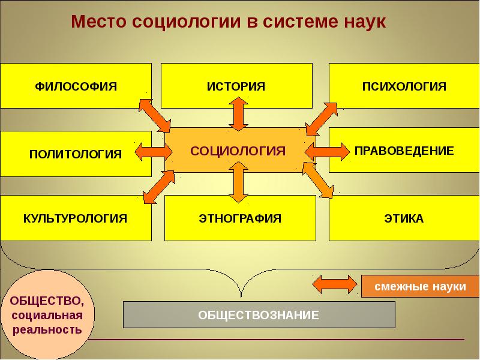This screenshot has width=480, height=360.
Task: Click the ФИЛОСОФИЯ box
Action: (x=76, y=85)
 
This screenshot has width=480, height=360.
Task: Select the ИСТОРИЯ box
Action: (x=236, y=85)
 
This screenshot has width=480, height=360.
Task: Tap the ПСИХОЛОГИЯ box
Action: (x=404, y=85)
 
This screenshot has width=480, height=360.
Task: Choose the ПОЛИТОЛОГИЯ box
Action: (x=76, y=154)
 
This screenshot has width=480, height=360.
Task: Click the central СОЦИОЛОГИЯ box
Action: (x=238, y=150)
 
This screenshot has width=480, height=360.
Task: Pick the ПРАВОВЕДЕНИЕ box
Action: (x=404, y=150)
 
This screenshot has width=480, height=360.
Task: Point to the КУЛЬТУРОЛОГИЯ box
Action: (x=76, y=218)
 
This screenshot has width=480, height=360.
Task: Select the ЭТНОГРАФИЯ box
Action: (x=240, y=218)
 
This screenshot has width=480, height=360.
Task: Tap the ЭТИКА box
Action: (x=404, y=218)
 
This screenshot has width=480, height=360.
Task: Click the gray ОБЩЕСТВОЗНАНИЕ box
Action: (x=259, y=314)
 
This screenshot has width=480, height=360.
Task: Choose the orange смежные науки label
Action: (x=420, y=287)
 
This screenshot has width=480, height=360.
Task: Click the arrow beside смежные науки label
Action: (x=335, y=284)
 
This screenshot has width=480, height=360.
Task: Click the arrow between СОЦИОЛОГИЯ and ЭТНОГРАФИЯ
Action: (x=238, y=182)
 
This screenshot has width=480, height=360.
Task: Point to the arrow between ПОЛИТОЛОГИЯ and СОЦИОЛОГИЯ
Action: (x=152, y=151)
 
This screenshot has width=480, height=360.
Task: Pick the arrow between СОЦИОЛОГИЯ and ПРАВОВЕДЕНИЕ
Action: (x=326, y=151)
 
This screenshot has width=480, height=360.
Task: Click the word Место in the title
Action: (x=98, y=22)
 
